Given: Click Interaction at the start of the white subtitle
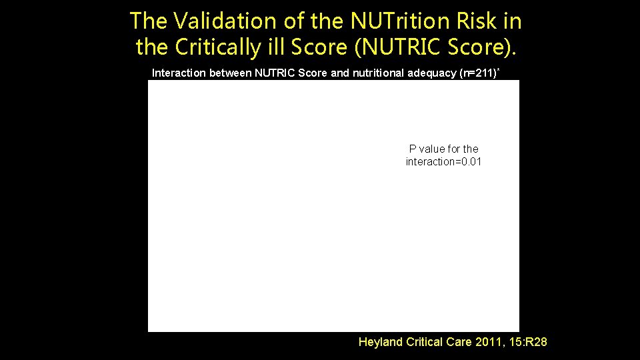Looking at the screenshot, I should (x=179, y=73).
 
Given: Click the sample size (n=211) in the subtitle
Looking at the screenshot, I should (x=477, y=73).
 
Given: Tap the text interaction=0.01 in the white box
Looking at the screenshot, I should (x=443, y=162).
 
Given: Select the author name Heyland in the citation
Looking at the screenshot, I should (x=381, y=342).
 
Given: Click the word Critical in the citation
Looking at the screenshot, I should (x=427, y=342).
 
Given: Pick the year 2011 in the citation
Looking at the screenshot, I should (x=492, y=342).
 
